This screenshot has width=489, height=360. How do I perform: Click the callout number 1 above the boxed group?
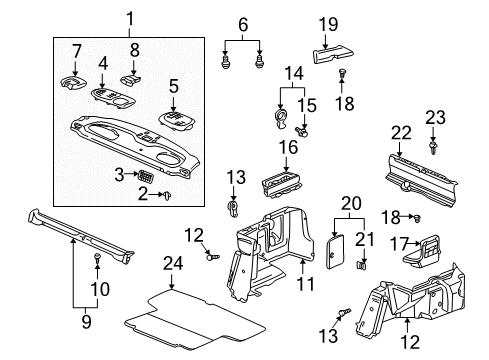tap(129, 19)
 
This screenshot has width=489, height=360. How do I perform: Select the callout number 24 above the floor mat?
tap(173, 263)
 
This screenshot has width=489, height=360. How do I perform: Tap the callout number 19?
tap(328, 24)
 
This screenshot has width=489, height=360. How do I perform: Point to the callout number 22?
tap(401, 133)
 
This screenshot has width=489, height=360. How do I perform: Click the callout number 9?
tap(86, 322)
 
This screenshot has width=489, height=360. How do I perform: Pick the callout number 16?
tap(288, 147)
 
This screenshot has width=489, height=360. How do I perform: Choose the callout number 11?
tap(305, 284)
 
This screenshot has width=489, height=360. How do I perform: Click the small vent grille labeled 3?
tap(146, 175)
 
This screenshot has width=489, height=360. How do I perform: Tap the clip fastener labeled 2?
tap(167, 195)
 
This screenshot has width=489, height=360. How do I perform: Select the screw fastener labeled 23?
tap(433, 148)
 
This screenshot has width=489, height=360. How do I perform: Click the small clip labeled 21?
tap(362, 265)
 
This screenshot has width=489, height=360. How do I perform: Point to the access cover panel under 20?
tap(335, 251)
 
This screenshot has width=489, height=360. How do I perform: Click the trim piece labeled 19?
tap(333, 55)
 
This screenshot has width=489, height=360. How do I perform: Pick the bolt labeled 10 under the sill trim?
tap(97, 258)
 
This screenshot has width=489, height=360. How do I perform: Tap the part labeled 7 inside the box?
tap(72, 82)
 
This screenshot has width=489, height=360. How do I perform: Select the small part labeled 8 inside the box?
tap(130, 80)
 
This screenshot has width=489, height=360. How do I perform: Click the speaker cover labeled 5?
tap(176, 121)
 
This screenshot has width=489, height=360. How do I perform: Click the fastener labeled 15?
tap(302, 131)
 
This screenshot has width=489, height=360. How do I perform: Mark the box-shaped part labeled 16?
tap(282, 184)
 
